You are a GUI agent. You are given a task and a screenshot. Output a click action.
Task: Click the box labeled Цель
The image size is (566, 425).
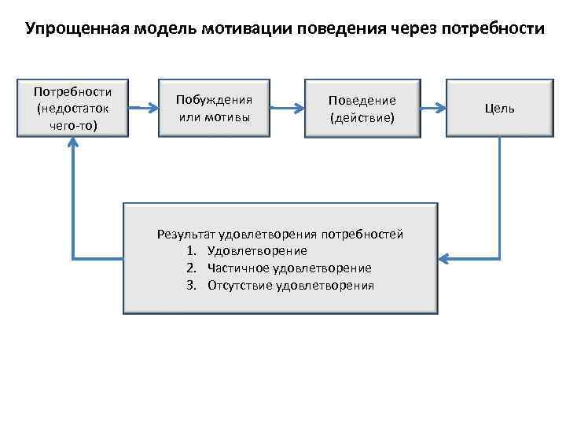point(500,108)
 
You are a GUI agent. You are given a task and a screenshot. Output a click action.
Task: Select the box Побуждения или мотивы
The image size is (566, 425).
point(214,109)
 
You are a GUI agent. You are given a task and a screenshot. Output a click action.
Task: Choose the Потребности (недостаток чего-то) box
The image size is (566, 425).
point(73,107)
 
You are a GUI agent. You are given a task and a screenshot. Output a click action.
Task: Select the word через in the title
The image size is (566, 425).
point(411,30)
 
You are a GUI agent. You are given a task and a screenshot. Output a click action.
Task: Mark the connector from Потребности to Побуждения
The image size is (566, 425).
point(144,108)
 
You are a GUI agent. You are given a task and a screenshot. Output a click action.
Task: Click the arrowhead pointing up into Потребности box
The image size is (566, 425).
point(73,142)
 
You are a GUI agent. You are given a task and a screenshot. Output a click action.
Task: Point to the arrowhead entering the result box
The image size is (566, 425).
point(443,257)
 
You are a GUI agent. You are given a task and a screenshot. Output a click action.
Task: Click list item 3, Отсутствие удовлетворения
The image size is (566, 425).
point(290,285)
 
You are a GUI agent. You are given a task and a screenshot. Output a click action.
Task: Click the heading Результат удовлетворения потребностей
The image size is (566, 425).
point(280,234)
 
